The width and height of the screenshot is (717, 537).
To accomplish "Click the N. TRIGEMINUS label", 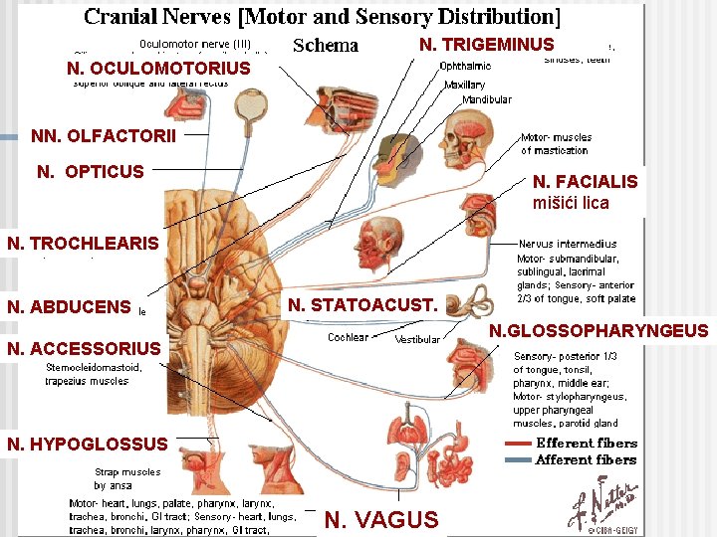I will [486, 45].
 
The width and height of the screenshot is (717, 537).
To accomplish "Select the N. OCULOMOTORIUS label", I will [158, 69].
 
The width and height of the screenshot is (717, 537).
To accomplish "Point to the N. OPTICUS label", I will [91, 172].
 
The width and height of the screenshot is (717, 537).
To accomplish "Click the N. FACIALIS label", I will [585, 182].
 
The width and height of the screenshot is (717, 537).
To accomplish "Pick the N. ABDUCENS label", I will [69, 307].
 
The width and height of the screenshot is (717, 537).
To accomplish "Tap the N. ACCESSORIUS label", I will [84, 348].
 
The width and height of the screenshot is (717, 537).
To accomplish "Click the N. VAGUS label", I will [381, 519].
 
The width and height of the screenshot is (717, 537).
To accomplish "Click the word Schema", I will [326, 46].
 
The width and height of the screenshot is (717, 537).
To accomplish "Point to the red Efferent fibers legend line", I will [518, 444].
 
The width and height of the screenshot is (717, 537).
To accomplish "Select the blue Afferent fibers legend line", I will [518, 459].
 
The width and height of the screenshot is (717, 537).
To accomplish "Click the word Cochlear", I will [349, 338].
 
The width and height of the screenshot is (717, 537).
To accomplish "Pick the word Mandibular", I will [460, 99].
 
